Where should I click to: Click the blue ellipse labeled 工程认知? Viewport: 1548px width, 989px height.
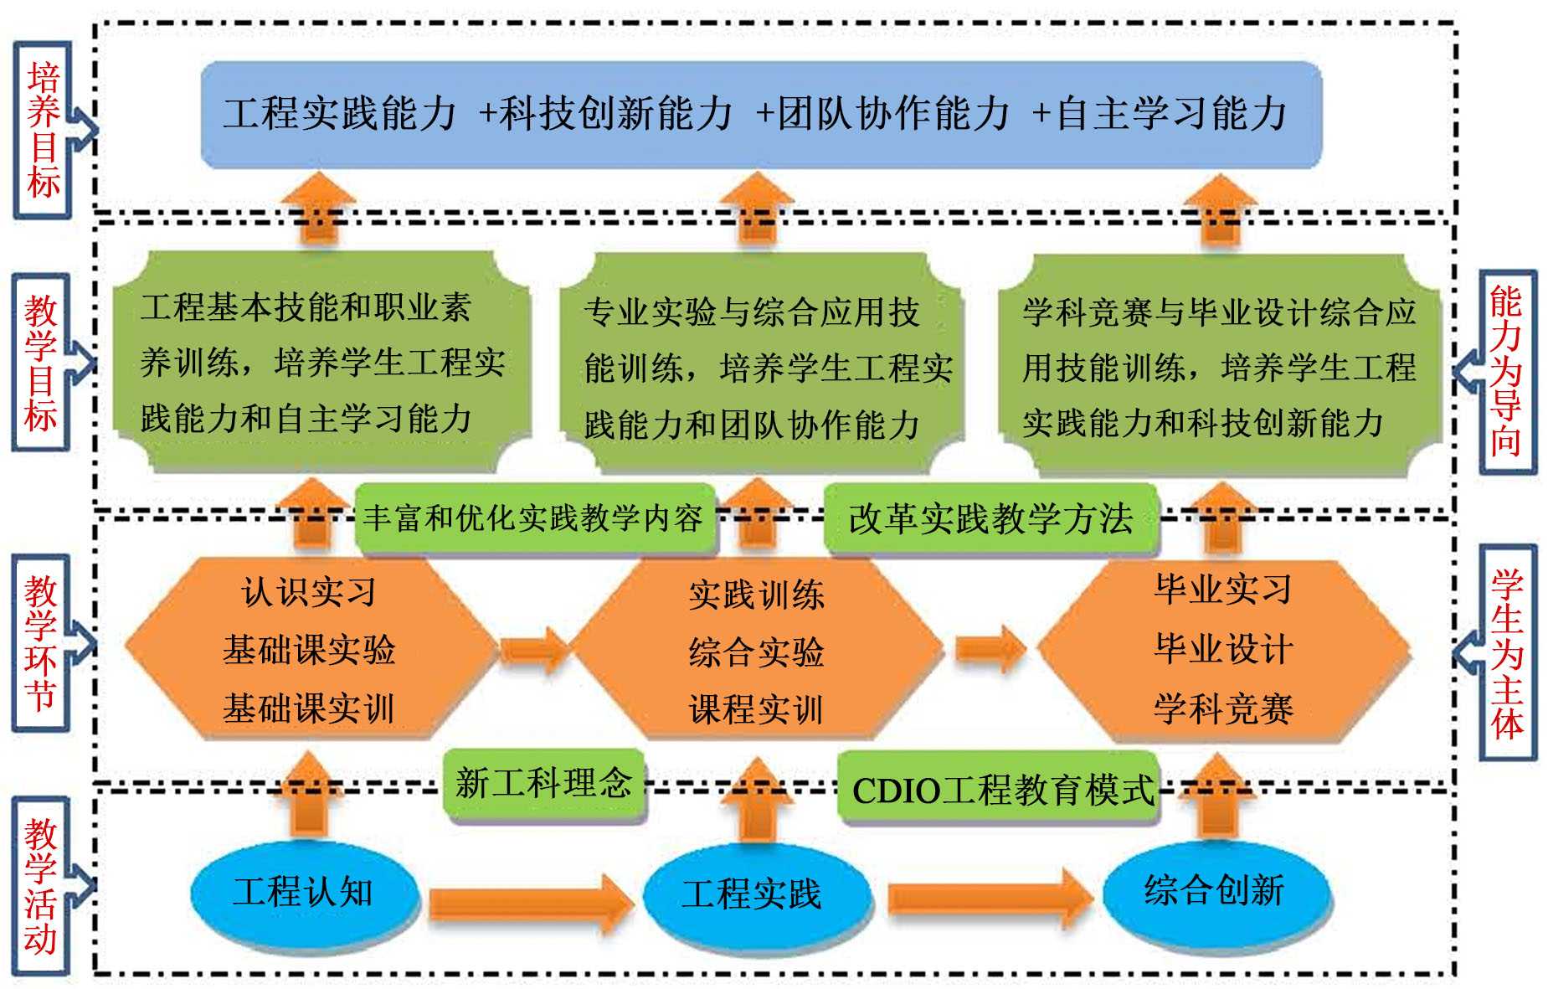click(x=303, y=893)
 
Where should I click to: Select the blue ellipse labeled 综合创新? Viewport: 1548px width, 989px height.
click(x=1215, y=890)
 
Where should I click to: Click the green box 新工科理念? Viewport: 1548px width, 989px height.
click(x=544, y=784)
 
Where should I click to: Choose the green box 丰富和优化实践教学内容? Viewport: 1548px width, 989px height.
click(x=534, y=518)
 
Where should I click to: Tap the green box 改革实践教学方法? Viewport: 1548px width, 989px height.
click(x=990, y=519)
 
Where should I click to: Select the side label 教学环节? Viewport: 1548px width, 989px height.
click(x=41, y=643)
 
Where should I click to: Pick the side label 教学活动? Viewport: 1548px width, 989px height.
click(x=41, y=886)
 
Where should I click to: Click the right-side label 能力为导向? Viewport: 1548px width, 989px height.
click(x=1505, y=371)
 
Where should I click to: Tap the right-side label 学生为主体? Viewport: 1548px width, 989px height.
click(x=1507, y=653)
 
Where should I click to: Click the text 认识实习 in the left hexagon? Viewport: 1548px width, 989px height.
click(x=308, y=592)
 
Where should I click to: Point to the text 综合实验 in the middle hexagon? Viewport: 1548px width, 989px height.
click(x=756, y=652)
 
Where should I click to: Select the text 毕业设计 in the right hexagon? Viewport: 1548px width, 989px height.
click(x=1224, y=649)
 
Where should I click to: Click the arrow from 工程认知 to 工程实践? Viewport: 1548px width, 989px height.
click(x=531, y=903)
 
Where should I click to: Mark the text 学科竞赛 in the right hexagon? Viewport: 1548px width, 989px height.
click(x=1224, y=708)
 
